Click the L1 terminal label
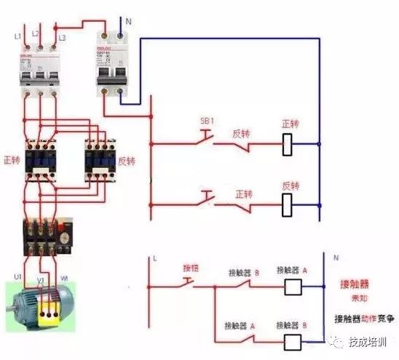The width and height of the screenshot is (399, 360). pos(16,35)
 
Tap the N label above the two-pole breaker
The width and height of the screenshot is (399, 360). pos(128,23)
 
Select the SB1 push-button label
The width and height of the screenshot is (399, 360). pos(208,119)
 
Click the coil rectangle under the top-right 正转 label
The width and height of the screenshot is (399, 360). pos(288,145)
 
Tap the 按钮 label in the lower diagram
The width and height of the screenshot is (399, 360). pos(191,268)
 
